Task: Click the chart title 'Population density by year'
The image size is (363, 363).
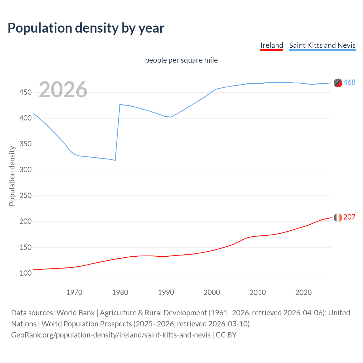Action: tap(86, 28)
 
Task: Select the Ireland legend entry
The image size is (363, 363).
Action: tap(272, 45)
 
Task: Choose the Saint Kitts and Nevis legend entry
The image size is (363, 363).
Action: tap(322, 45)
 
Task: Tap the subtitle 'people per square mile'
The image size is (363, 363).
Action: tap(181, 60)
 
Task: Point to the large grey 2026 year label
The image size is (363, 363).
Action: tap(63, 90)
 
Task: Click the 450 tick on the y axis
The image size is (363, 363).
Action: tap(26, 92)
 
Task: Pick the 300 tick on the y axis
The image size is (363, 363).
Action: tap(26, 170)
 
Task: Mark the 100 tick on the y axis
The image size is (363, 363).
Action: tap(26, 273)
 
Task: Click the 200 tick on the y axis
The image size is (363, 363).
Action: tap(26, 221)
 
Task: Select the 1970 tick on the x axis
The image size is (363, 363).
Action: tap(74, 292)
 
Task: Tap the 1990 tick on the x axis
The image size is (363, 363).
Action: tap(166, 292)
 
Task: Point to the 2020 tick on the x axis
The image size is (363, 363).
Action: tap(303, 292)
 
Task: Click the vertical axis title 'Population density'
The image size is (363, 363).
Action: tap(12, 176)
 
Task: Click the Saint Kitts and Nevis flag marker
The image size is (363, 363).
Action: tap(338, 83)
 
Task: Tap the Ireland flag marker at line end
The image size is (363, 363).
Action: tap(338, 218)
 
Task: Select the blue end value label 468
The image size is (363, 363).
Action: tap(349, 83)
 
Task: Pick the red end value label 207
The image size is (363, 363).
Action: tap(349, 217)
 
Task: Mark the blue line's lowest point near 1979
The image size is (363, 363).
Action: tap(115, 160)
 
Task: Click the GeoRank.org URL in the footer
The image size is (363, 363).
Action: tap(111, 335)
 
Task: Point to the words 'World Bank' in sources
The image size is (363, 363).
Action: tap(75, 313)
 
